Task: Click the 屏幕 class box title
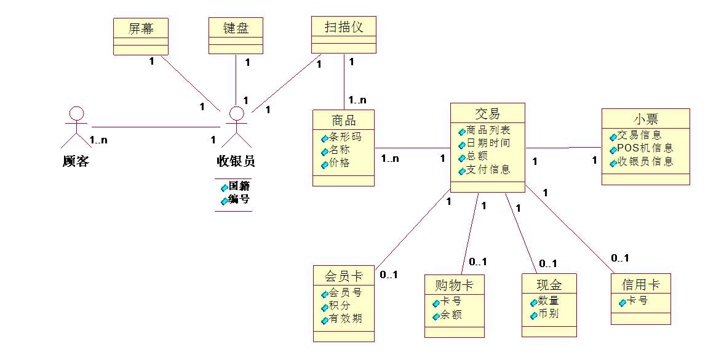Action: pos(141,28)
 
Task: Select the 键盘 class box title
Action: pos(236,28)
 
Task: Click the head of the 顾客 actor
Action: pos(76,114)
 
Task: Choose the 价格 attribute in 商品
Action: pos(340,164)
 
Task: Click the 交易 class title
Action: pos(487,113)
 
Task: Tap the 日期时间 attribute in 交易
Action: pos(487,143)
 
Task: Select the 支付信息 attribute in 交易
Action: pos(488,170)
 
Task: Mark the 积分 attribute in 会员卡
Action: pos(341,306)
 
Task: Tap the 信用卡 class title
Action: pos(640,284)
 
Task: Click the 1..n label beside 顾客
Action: pos(98,140)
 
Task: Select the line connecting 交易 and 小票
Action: pos(563,148)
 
